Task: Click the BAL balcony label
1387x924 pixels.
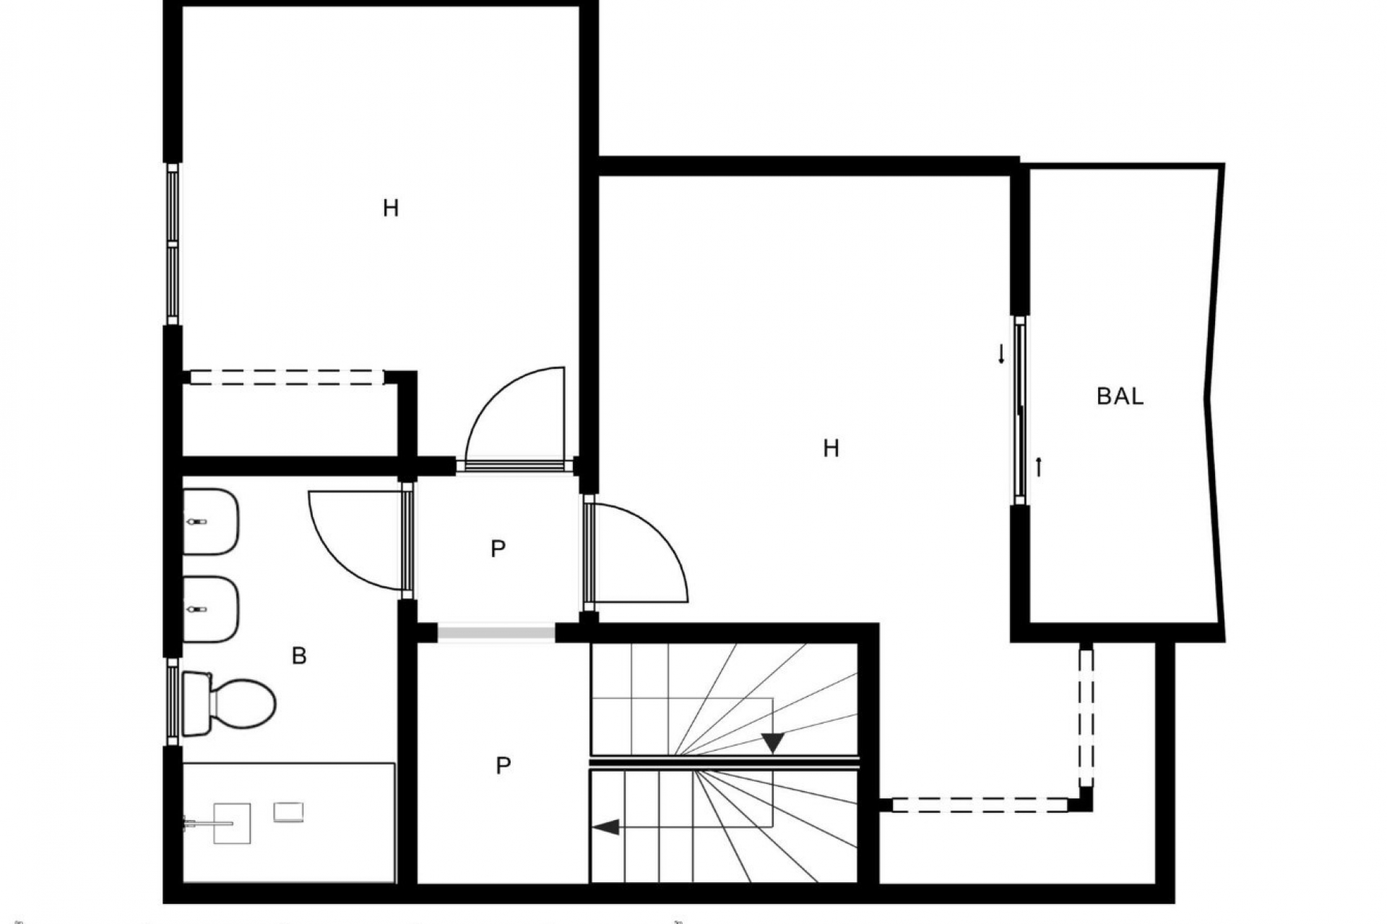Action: [1120, 396]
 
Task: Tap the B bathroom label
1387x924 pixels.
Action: [299, 656]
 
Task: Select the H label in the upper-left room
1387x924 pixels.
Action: [391, 209]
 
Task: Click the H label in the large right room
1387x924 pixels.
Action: [831, 449]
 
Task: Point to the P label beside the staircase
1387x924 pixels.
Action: [504, 765]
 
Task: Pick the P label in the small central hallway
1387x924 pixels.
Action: [498, 549]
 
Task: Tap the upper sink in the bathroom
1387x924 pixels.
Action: [210, 522]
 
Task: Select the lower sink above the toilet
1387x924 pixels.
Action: [210, 609]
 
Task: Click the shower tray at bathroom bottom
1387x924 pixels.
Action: [289, 822]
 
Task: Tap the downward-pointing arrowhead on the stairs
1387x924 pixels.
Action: [773, 743]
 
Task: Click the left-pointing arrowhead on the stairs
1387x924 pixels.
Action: [607, 827]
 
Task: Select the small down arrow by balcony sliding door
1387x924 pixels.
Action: [1001, 354]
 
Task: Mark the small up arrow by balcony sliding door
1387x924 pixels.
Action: [1039, 467]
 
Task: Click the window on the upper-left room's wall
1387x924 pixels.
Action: [173, 244]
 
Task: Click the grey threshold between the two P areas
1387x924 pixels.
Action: [496, 633]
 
